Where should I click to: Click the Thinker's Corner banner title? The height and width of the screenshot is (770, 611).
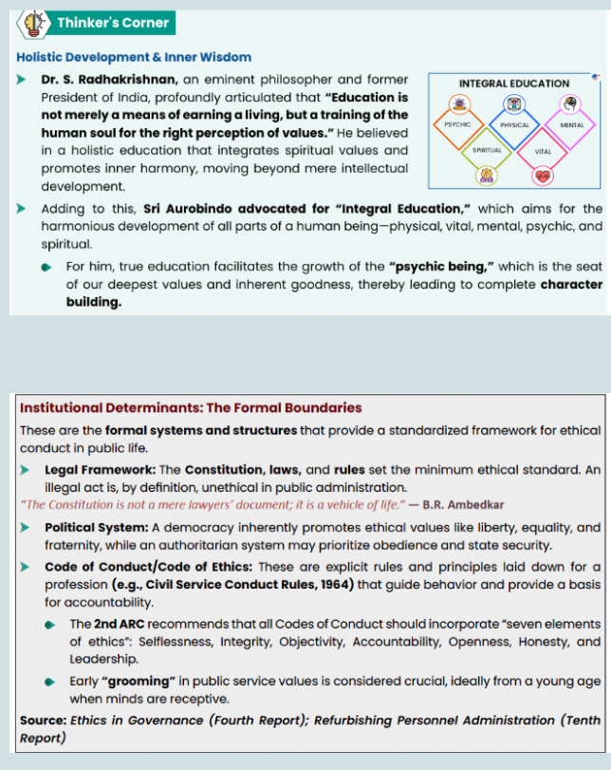tap(112, 22)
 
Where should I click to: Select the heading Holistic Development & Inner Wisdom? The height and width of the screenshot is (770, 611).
tap(134, 57)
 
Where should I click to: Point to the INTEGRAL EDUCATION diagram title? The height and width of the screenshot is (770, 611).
tap(513, 84)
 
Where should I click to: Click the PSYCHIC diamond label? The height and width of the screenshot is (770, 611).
tap(457, 124)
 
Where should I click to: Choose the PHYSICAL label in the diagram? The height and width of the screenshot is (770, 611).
tap(514, 125)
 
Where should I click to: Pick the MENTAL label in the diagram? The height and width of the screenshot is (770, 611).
tap(572, 125)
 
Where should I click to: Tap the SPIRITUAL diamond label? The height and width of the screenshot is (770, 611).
tap(486, 150)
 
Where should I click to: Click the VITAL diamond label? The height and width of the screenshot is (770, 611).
tap(543, 151)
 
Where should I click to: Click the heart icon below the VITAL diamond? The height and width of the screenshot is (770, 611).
tap(543, 176)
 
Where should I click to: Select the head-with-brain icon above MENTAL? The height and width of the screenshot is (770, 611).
tap(571, 103)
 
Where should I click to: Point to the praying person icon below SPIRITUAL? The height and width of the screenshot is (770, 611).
tap(486, 175)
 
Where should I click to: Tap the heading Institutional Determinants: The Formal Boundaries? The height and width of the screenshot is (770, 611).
tap(191, 407)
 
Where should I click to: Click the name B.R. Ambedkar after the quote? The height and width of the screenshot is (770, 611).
tap(476, 504)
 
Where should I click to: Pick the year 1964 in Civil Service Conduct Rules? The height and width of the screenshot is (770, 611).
tap(332, 583)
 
